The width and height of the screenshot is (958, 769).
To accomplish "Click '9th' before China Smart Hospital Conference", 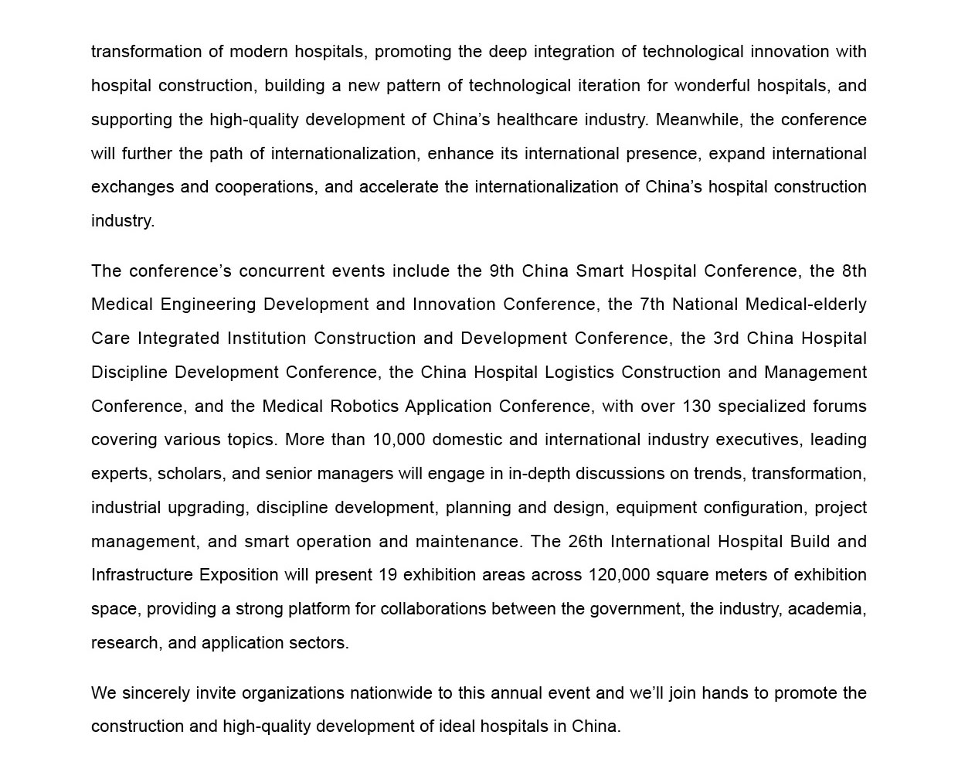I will [x=501, y=271].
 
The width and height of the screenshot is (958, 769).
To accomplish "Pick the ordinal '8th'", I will [x=854, y=271].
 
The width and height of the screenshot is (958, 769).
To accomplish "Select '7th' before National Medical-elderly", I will [x=651, y=305].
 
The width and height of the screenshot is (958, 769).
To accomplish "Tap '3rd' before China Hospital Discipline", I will [x=726, y=339].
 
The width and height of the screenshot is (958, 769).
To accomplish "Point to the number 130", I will [x=696, y=407].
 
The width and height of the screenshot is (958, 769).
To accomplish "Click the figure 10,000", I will [x=399, y=440].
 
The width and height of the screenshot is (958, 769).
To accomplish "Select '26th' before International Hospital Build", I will [x=585, y=542].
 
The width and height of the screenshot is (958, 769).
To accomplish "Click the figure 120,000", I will [x=619, y=575].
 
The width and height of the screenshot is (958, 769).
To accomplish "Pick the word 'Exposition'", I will [x=239, y=575].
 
